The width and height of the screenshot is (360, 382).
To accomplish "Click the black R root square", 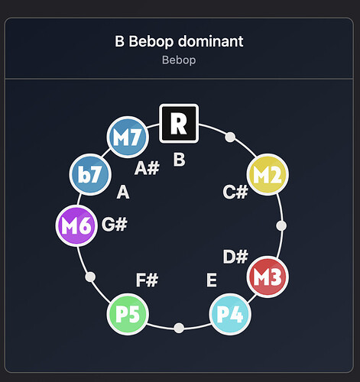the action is pyautogui.click(x=179, y=123).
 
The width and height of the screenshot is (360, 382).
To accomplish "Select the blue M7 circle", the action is pyautogui.click(x=128, y=137).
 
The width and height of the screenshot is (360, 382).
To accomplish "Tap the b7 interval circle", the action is pyautogui.click(x=90, y=174).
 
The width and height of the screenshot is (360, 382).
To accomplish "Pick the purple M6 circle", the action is pyautogui.click(x=76, y=225).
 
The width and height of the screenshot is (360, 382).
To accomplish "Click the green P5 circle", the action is pyautogui.click(x=128, y=314).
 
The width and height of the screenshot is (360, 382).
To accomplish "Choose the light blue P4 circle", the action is pyautogui.click(x=230, y=314).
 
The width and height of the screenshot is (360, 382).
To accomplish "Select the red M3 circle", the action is pyautogui.click(x=268, y=277).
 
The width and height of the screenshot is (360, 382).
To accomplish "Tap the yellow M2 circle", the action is pyautogui.click(x=268, y=174).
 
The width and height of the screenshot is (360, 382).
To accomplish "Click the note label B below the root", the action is pyautogui.click(x=179, y=160).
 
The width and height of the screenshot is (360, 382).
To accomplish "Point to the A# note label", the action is pyautogui.click(x=147, y=168).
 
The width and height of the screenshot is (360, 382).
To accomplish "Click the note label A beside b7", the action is pyautogui.click(x=123, y=192).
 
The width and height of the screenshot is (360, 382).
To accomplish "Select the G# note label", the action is pyautogui.click(x=115, y=225).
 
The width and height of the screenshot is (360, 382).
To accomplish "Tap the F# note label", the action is pyautogui.click(x=147, y=280).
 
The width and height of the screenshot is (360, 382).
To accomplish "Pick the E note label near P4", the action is pyautogui.click(x=212, y=280).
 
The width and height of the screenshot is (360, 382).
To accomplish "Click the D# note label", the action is pyautogui.click(x=235, y=257).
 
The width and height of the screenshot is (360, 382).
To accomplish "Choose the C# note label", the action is pyautogui.click(x=235, y=192).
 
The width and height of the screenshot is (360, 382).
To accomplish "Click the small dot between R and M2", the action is pyautogui.click(x=230, y=137).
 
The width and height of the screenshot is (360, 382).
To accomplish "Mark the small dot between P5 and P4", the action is pyautogui.click(x=179, y=328).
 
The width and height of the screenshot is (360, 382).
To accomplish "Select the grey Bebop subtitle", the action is pyautogui.click(x=179, y=60).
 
